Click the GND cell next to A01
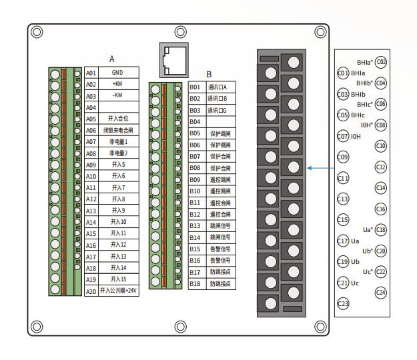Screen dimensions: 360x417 click(117, 72)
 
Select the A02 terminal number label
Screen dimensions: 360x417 click(91, 84)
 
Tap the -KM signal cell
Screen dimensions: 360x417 click(117, 95)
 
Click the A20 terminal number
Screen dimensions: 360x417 click(91, 291)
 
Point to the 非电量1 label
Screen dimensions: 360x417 click(117, 141)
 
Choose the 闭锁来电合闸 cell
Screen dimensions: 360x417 click(117, 130)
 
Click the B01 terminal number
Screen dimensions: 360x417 click(195, 87)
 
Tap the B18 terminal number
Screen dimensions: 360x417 click(195, 283)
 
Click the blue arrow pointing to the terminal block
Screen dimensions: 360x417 click(320, 169)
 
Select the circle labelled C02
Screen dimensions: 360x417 click(382, 62)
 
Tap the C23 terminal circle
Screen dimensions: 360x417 click(343, 304)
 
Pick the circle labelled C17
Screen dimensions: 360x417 click(343, 241)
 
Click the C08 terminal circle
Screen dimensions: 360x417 click(381, 125)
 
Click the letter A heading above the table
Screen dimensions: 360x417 click(112, 59)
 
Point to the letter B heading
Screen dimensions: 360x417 click(209, 74)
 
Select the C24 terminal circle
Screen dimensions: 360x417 click(381, 292)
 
